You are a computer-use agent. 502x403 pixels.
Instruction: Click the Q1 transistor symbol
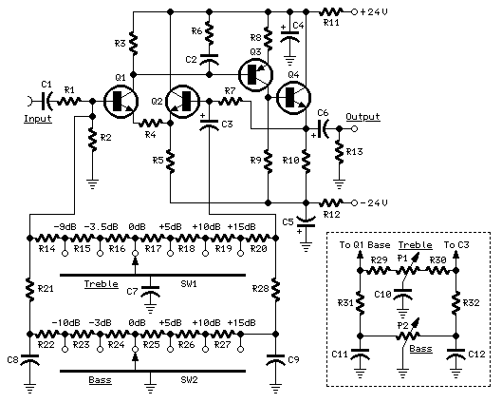pos(120,100)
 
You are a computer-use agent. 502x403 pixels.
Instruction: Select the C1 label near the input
pos(46,84)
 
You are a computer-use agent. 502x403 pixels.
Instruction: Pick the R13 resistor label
pos(355,150)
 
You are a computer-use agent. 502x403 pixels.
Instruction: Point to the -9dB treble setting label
pos(65,226)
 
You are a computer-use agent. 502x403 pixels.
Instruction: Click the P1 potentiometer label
pos(403,258)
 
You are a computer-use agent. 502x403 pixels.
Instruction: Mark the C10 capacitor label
pos(381,295)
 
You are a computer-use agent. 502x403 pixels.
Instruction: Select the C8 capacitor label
pos(12,360)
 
